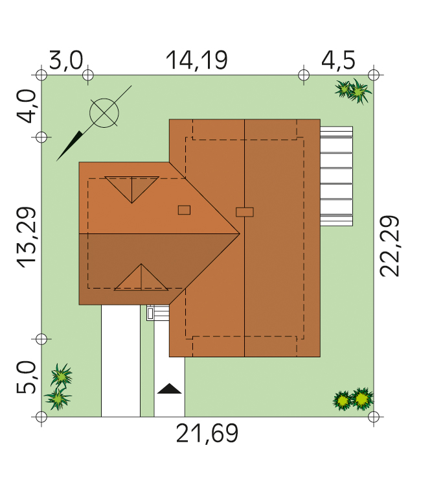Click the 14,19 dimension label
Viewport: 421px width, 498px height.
197,60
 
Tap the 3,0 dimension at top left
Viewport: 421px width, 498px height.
65,60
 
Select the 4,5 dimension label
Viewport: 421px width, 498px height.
338,60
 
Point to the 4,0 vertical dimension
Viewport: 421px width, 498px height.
26,106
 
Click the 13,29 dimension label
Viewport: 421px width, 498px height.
26,237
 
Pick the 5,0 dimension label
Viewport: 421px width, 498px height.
26,377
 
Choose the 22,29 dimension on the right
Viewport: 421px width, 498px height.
390,246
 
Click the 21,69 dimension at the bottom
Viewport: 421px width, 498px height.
207,434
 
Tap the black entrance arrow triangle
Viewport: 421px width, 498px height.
170,388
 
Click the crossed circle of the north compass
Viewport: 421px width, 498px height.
104,113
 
